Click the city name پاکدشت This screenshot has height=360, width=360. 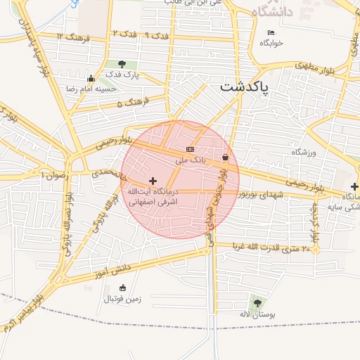(250, 88)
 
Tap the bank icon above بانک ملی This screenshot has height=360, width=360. (190, 149)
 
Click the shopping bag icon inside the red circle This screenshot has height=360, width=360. (225, 157)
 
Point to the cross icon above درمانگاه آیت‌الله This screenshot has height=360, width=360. (153, 181)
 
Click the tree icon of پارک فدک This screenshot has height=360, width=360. (122, 65)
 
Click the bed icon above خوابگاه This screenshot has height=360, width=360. (271, 32)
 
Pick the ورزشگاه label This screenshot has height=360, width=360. (304, 152)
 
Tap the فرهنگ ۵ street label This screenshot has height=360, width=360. (129, 104)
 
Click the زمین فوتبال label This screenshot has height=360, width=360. (123, 299)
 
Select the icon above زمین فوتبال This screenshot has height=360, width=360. (123, 288)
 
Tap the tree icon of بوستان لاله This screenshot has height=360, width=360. (257, 302)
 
